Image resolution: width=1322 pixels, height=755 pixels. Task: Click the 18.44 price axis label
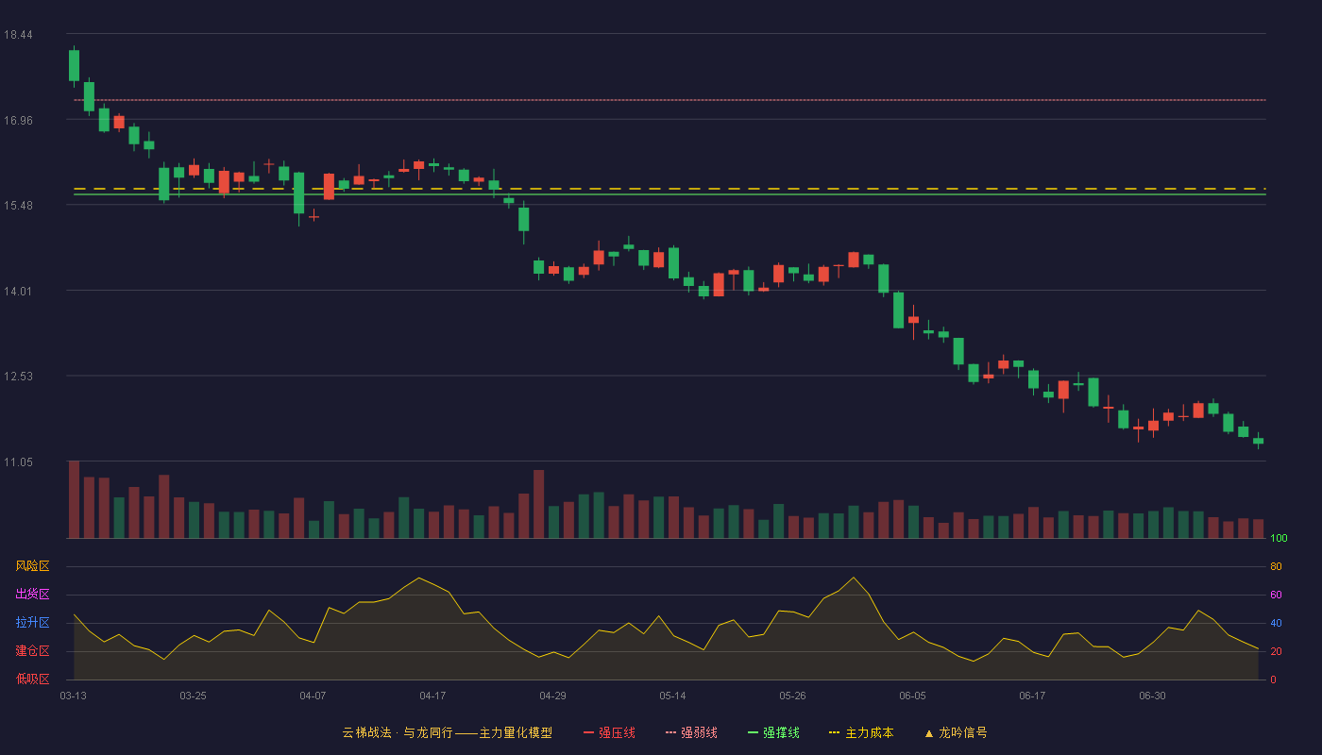(x=18, y=35)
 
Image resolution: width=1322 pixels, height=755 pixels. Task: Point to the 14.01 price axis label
(x=18, y=292)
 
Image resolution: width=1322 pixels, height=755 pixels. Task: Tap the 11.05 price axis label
(x=18, y=462)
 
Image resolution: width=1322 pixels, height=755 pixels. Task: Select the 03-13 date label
(x=74, y=696)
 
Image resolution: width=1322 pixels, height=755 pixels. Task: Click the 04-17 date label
(x=432, y=696)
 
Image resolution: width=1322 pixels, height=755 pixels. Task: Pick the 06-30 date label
(x=1152, y=696)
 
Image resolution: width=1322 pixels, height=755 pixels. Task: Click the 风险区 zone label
(x=32, y=566)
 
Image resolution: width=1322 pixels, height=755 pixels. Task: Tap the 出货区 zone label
(x=32, y=594)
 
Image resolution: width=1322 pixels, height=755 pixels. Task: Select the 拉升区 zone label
(x=32, y=622)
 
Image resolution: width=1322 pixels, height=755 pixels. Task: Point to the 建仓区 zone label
(x=32, y=650)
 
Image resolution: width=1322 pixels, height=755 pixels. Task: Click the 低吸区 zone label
(x=32, y=679)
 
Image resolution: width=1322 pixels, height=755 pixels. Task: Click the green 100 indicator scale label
(x=1279, y=538)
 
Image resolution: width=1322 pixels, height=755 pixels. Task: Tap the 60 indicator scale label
(x=1276, y=595)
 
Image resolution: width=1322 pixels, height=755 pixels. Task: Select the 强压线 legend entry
(x=609, y=732)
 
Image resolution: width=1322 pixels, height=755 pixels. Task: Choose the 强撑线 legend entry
(x=773, y=732)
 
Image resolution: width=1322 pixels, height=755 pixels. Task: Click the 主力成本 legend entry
(x=861, y=732)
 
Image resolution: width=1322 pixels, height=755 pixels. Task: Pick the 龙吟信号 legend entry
(x=956, y=732)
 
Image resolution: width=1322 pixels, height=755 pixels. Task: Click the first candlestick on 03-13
(x=74, y=65)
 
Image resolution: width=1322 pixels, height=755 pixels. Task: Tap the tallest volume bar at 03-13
(x=74, y=499)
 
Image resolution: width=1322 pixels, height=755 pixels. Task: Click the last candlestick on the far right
(x=1258, y=441)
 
